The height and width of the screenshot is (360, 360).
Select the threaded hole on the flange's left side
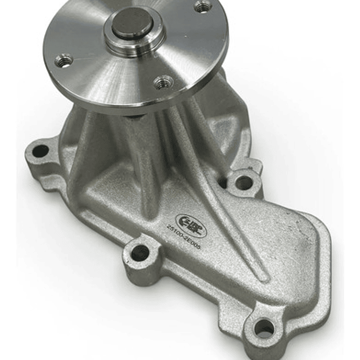(x=64, y=61)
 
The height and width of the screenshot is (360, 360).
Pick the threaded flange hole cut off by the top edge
(x=203, y=6)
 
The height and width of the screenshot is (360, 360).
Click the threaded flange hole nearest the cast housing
(x=163, y=82)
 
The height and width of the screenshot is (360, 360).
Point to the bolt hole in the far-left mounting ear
(x=40, y=151)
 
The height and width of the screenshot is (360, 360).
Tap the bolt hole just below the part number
(x=140, y=253)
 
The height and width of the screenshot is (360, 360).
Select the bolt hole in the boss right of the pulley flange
(x=244, y=183)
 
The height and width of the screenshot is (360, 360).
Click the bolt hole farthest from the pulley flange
(x=264, y=328)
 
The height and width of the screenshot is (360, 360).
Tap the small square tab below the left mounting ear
(x=47, y=184)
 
